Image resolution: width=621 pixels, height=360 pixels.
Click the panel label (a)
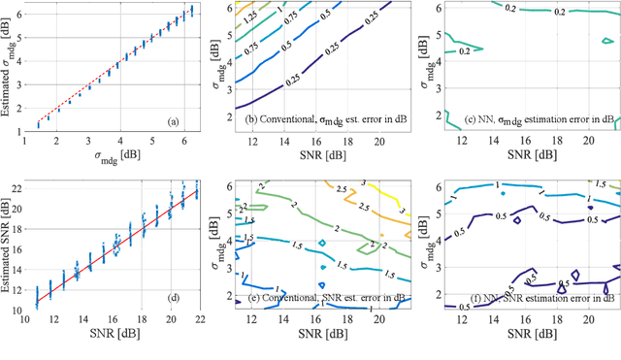pos(173,121)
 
